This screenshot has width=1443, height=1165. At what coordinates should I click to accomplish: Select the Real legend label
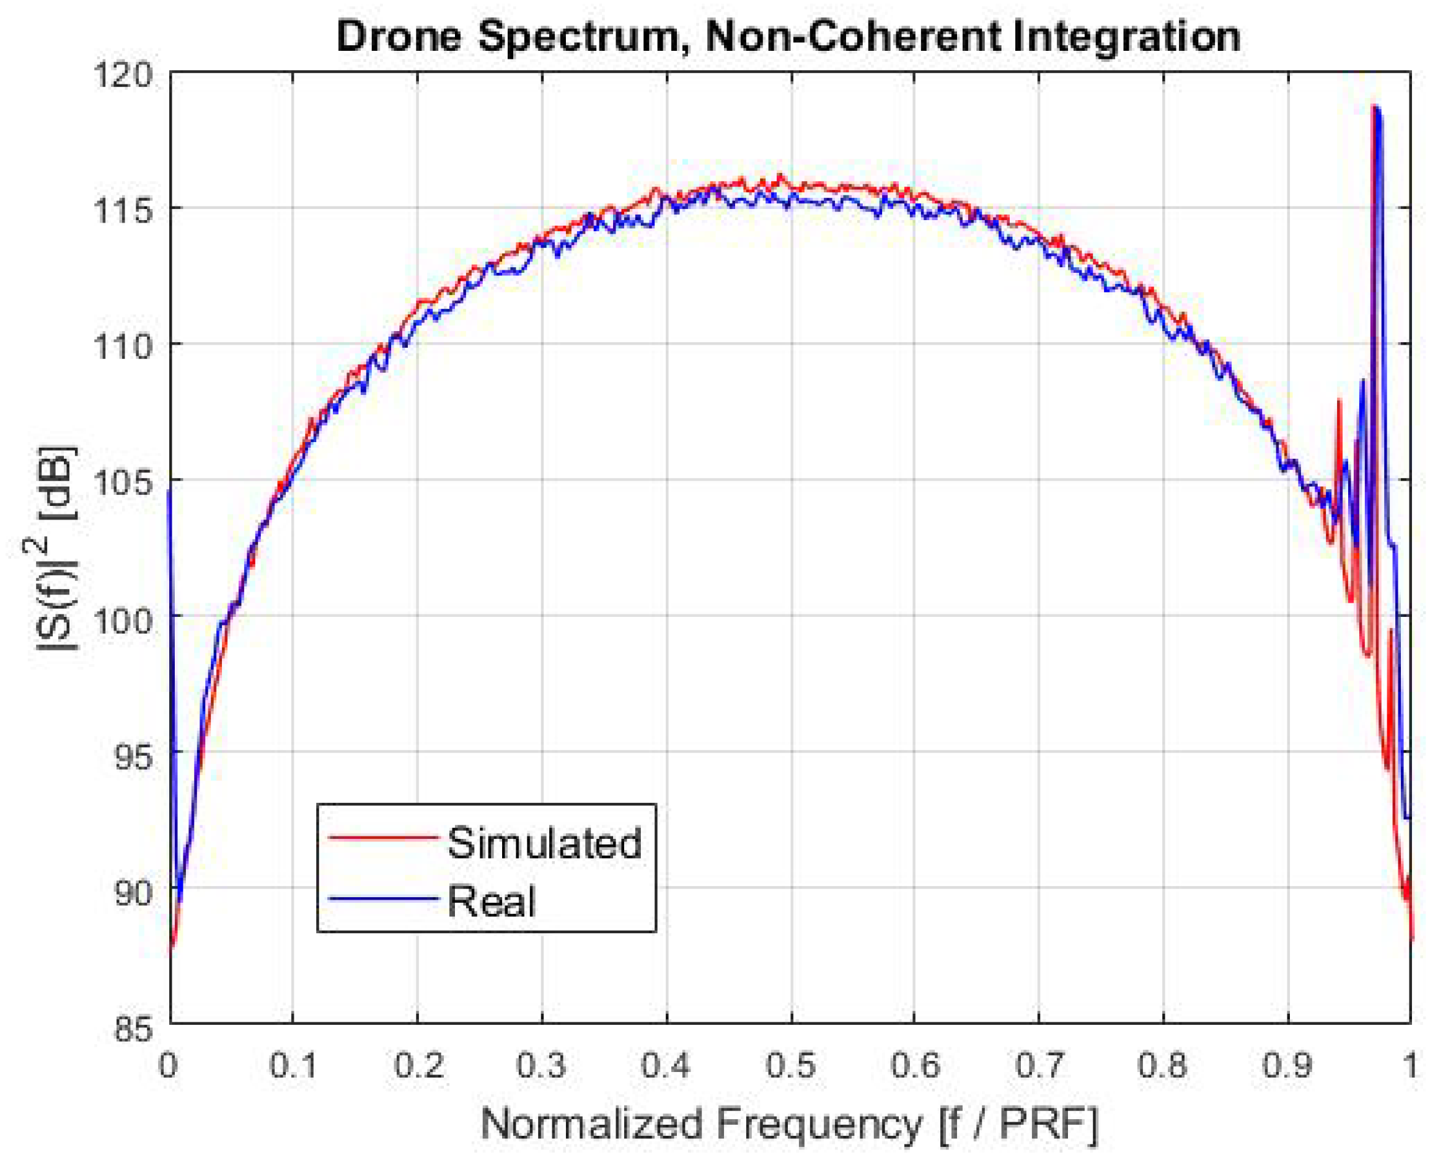click(x=491, y=901)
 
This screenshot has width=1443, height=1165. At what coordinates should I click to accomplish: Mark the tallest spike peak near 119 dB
click(x=1375, y=107)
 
